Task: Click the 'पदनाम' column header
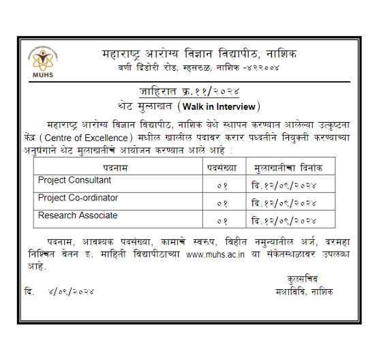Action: (x=117, y=167)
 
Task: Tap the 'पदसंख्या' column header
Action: (x=221, y=167)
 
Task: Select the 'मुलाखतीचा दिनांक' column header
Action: (x=288, y=167)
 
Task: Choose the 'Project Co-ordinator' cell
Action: (x=78, y=198)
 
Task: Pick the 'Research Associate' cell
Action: (x=77, y=216)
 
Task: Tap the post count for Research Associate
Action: (x=222, y=221)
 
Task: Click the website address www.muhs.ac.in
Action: (x=214, y=254)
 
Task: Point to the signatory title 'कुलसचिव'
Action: (x=302, y=278)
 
